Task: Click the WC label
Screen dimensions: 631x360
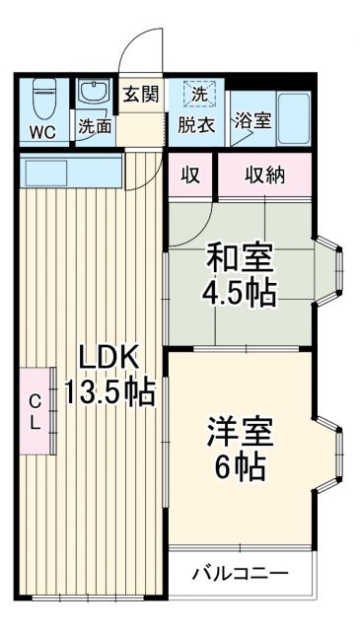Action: tap(41, 130)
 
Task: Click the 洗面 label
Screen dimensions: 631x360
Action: tap(95, 127)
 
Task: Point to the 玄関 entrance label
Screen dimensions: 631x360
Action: tap(141, 95)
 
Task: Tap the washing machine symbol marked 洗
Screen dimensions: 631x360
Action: tap(199, 96)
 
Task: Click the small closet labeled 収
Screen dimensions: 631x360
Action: tap(190, 175)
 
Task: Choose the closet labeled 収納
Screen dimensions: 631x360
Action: tap(264, 175)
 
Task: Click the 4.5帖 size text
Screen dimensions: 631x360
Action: tap(240, 293)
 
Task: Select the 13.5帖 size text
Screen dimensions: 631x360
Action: tap(108, 392)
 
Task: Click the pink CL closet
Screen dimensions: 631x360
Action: tap(36, 410)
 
